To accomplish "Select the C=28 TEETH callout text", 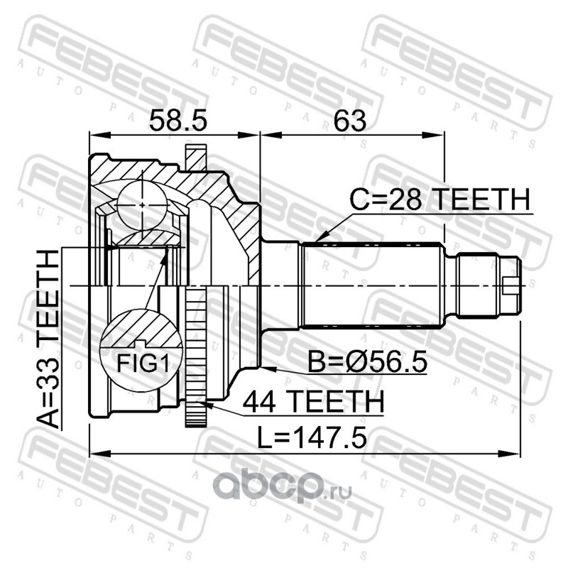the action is tap(439, 200).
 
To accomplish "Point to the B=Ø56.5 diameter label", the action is tap(367, 362).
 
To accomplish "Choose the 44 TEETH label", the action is tap(313, 402).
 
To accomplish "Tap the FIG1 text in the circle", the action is tap(143, 363).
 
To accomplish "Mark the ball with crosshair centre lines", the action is tap(143, 205).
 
